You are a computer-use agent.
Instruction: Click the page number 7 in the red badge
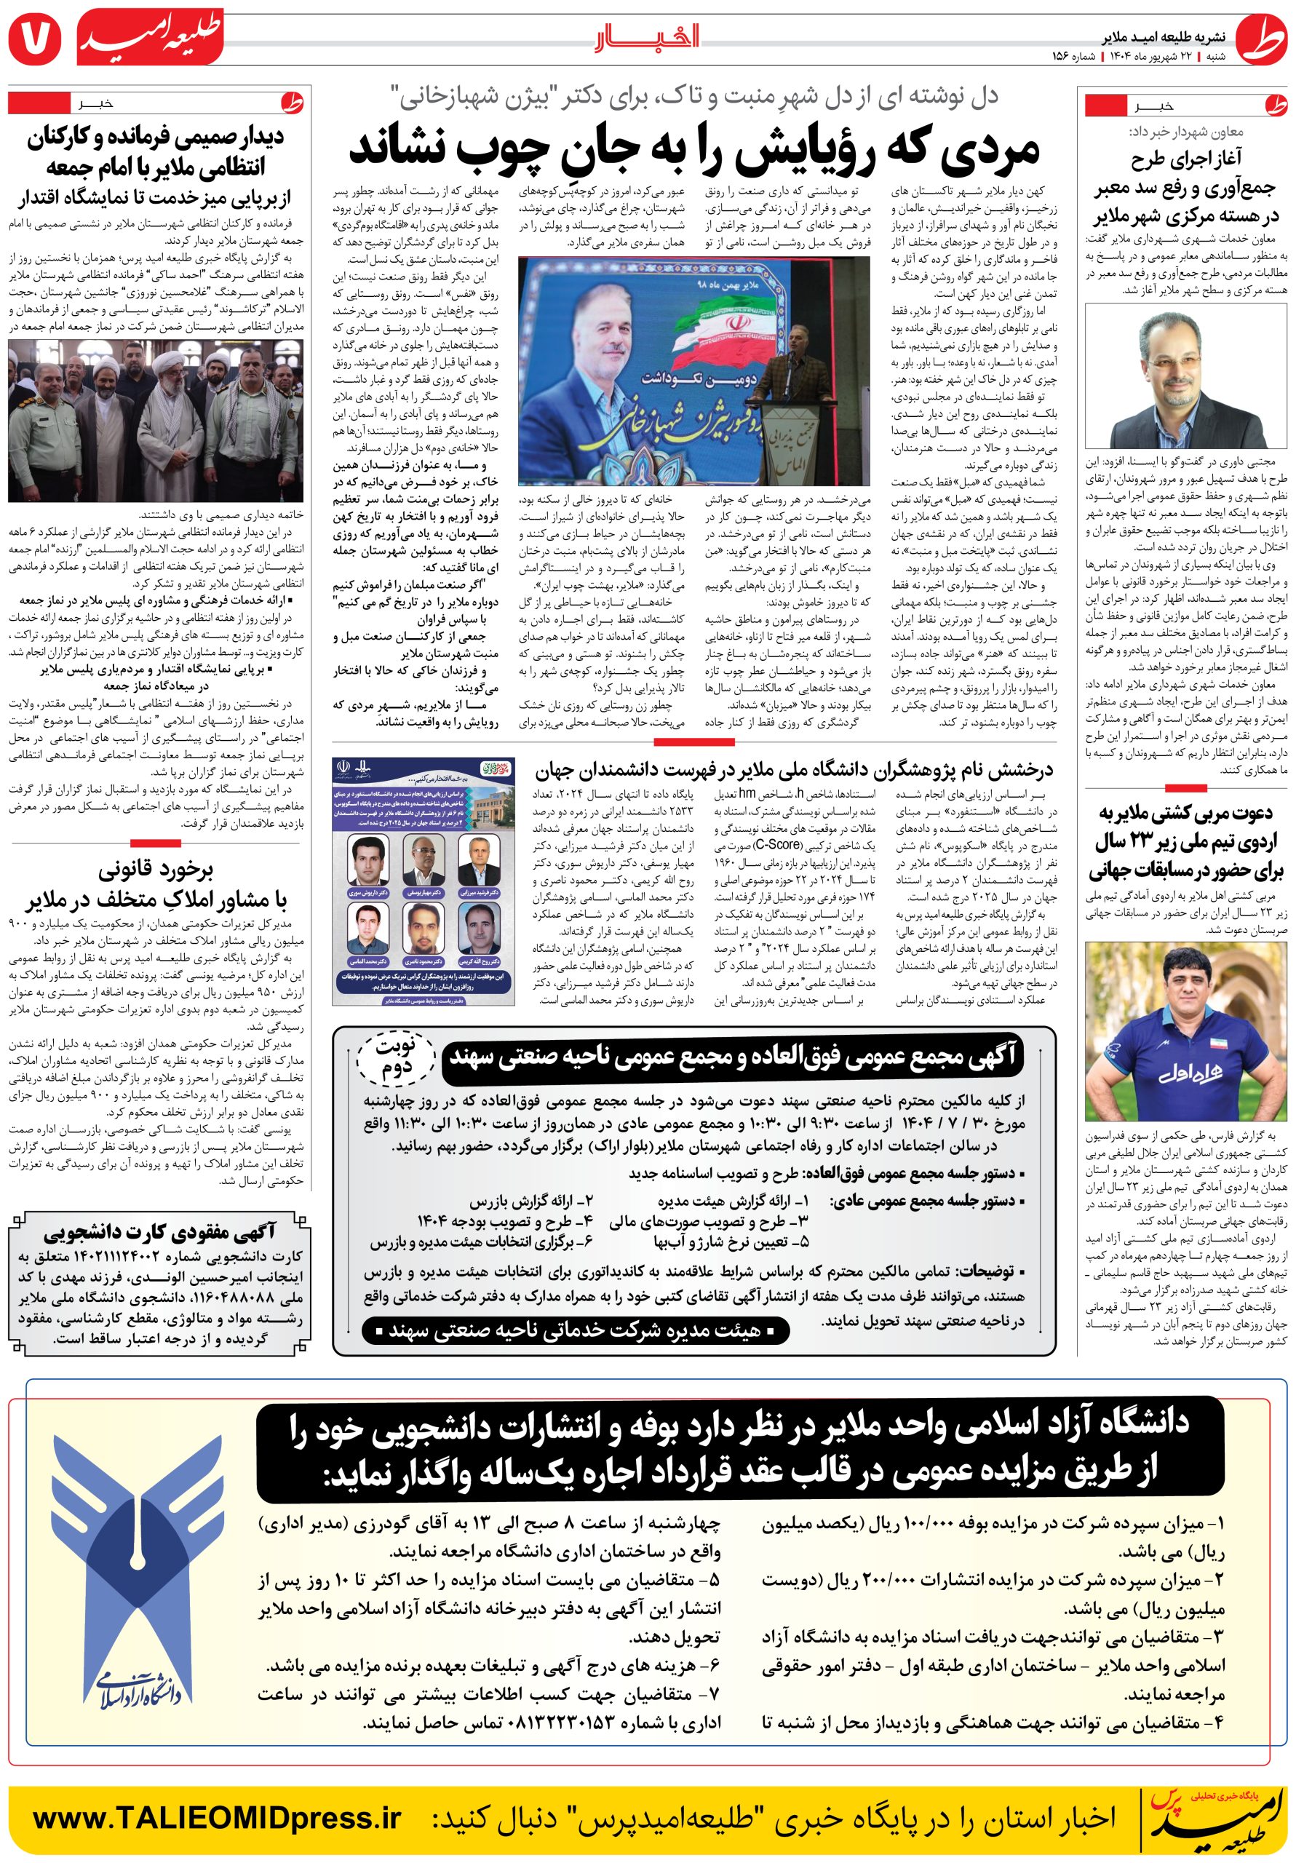[x=33, y=36]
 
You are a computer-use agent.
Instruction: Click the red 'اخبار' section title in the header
[x=648, y=36]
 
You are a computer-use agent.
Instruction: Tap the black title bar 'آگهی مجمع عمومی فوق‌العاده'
[x=732, y=1057]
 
